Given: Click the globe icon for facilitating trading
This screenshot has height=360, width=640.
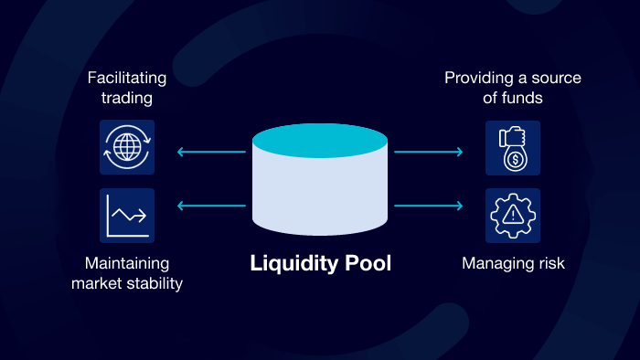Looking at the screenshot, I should point(127,147).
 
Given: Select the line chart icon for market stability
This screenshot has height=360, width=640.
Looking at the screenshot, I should point(127,216).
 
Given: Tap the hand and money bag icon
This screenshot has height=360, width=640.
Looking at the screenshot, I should point(512,147).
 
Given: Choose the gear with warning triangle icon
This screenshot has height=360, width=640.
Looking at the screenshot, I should point(512,216).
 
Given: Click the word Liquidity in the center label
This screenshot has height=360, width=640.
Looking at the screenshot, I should point(291,264).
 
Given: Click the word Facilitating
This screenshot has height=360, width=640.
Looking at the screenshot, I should point(127,78).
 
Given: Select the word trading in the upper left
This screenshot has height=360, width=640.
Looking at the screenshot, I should point(127,99).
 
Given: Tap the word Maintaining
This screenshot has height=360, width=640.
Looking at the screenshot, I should point(127,263).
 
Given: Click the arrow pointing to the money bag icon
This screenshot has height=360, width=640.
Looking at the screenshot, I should point(428,152).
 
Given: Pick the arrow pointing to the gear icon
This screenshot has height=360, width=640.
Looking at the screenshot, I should point(428,206).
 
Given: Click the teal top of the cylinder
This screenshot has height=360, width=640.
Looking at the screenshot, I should point(319,140).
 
